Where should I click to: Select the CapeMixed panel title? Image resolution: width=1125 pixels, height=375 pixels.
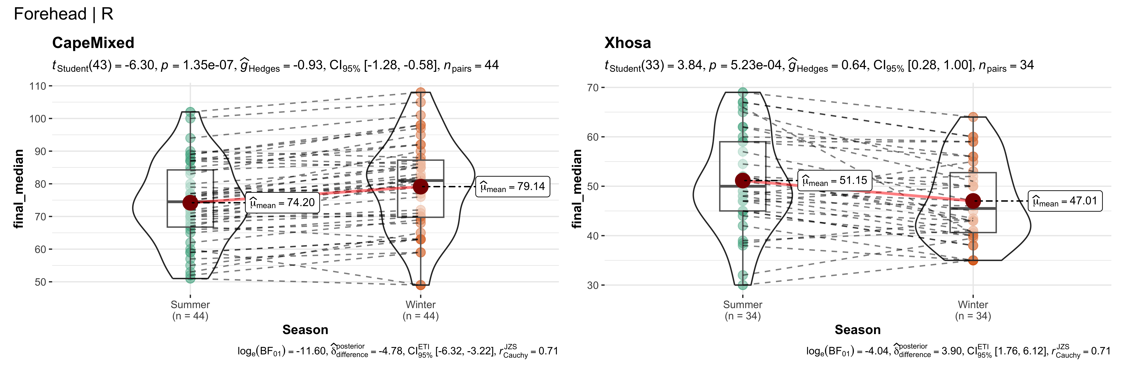click(x=93, y=43)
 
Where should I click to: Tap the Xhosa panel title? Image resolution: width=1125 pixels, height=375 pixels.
click(x=627, y=43)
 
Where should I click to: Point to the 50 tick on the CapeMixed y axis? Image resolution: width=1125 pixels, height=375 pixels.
click(x=41, y=282)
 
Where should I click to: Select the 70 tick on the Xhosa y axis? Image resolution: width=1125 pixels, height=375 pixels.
click(x=593, y=88)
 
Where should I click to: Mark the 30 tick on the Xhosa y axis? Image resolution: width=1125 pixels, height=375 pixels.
click(x=593, y=285)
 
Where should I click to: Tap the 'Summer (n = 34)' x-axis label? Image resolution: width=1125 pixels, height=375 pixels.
click(x=742, y=310)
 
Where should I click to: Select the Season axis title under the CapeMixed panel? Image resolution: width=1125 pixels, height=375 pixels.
click(x=305, y=330)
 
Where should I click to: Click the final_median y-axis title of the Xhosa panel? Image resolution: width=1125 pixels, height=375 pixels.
click(x=577, y=189)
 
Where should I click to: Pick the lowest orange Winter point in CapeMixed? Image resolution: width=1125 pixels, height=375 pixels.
click(x=421, y=285)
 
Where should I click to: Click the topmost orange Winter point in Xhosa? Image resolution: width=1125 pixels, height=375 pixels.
click(x=973, y=117)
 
